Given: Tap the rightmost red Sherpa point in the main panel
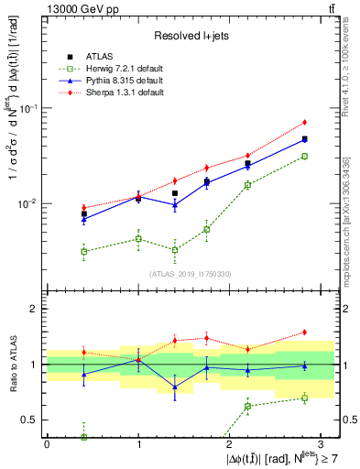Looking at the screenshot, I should tap(305, 122).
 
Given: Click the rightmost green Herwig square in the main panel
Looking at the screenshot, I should tap(305, 157).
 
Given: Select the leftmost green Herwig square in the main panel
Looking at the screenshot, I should tap(84, 251).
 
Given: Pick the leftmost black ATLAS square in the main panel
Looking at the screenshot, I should tap(84, 213).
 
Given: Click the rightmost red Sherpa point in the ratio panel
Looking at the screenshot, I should tap(305, 332).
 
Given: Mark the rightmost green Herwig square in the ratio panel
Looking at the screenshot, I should tap(305, 398).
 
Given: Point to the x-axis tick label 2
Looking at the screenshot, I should tap(229, 443).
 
